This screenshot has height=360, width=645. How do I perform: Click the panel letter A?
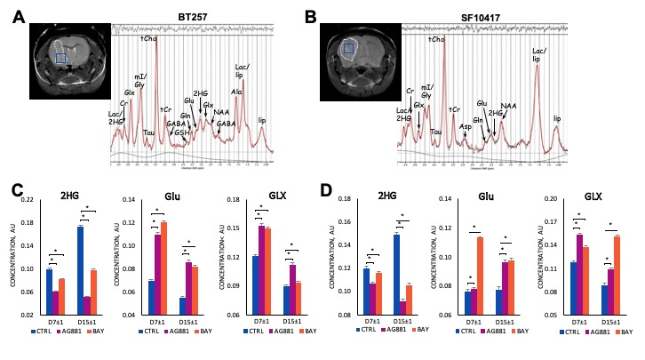(16, 17)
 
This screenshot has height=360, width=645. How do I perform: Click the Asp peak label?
(465, 126)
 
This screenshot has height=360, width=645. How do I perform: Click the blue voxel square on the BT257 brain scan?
(60, 58)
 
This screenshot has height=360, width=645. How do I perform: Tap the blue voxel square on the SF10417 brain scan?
(349, 50)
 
